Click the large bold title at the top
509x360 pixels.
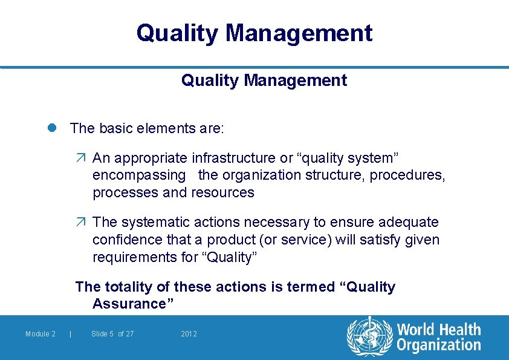[x=254, y=33]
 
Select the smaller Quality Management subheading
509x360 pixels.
[x=264, y=80]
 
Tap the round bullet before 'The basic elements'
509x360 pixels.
[x=53, y=128]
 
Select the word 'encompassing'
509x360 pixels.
[x=139, y=175]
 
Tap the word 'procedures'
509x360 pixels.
[x=407, y=175]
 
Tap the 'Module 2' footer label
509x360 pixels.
[x=41, y=334]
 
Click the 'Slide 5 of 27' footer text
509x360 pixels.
[x=112, y=334]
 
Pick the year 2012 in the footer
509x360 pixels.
[x=189, y=334]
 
